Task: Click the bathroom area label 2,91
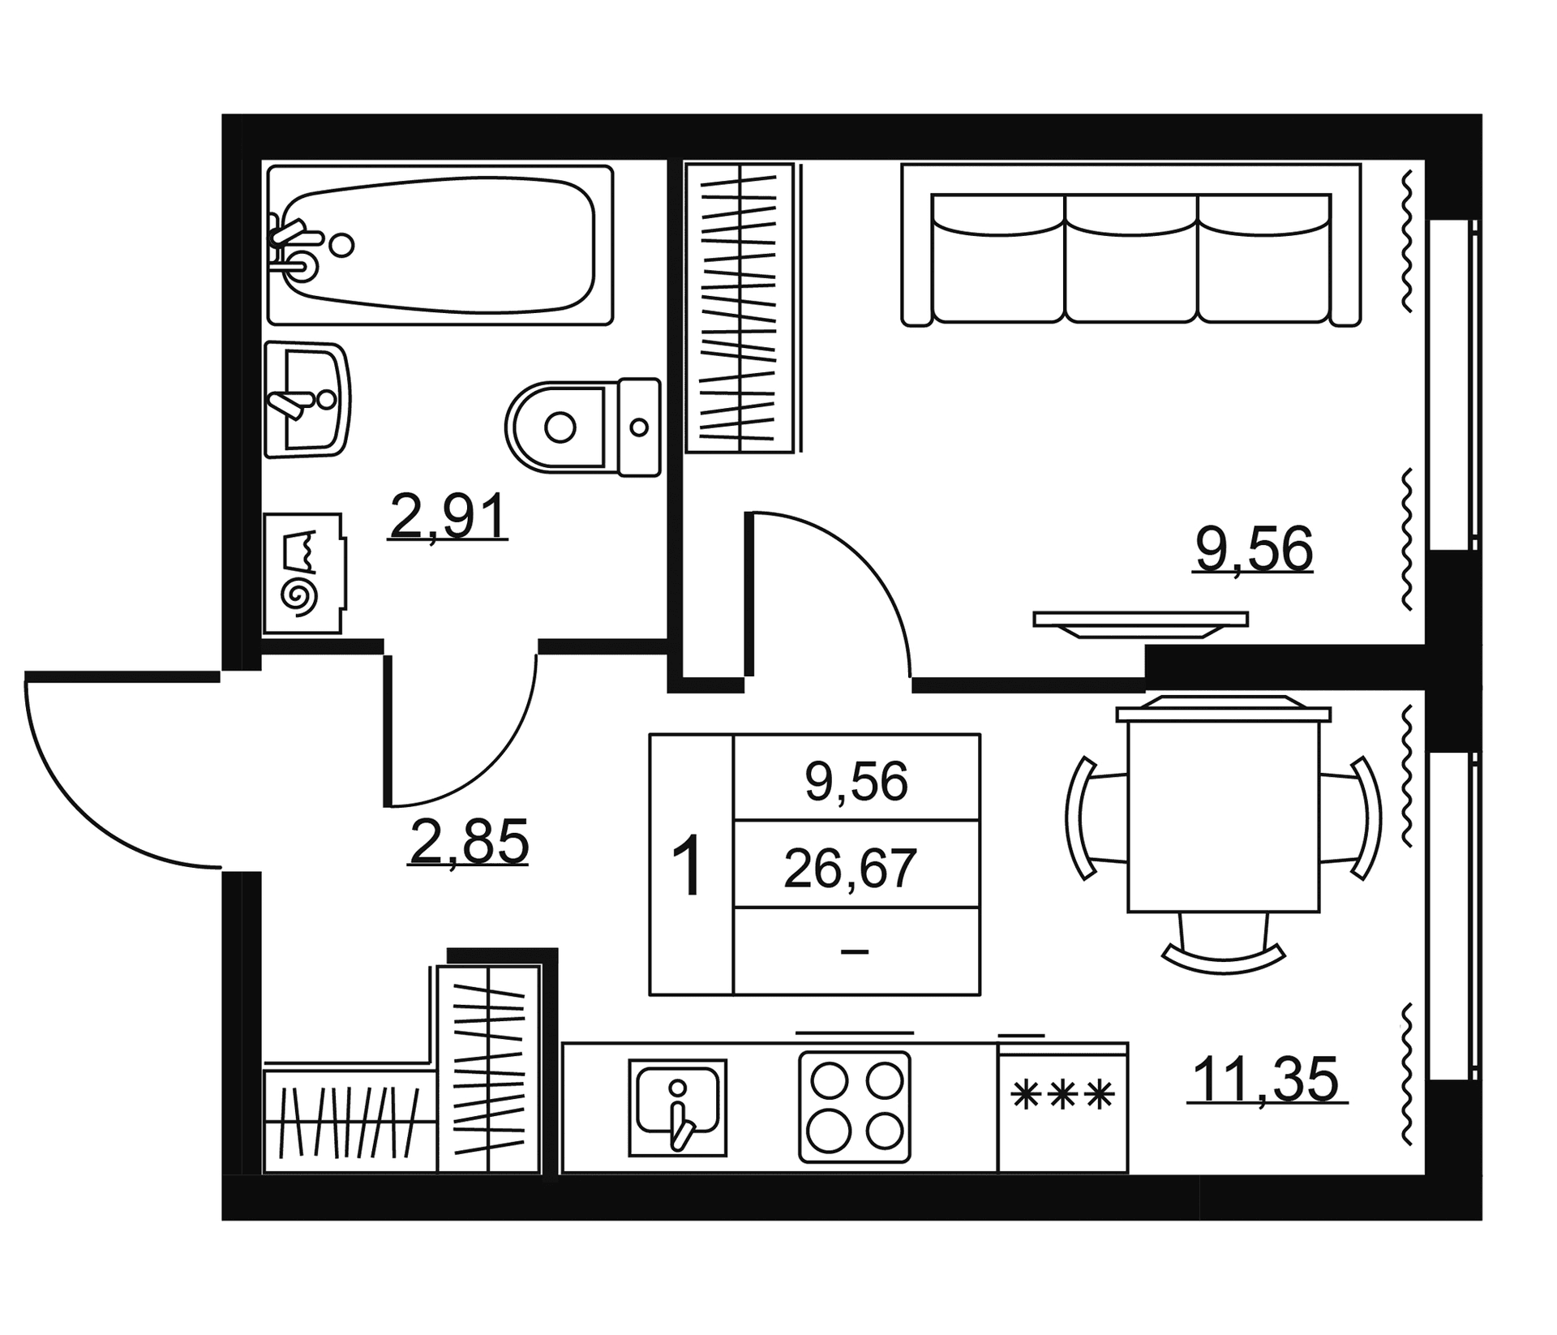[x=448, y=517]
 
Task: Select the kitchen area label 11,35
[x=1267, y=1079]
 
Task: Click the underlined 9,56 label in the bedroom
[x=1254, y=549]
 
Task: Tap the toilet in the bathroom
[x=583, y=427]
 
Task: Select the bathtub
[x=440, y=245]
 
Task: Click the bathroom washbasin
[x=307, y=399]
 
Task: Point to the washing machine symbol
[x=303, y=573]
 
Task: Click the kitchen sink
[x=677, y=1107]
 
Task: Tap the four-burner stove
[x=855, y=1106]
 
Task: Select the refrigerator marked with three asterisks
[x=1062, y=1107]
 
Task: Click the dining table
[x=1224, y=814]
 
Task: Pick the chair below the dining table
[x=1224, y=945]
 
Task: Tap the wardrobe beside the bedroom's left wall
[x=740, y=307]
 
